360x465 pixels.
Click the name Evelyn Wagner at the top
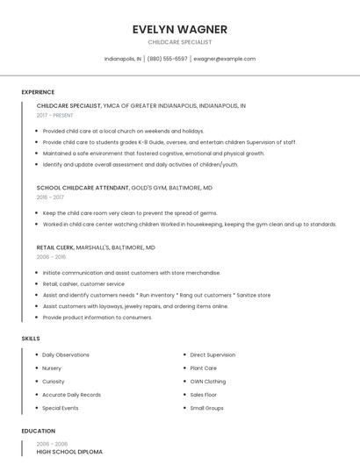click(x=179, y=28)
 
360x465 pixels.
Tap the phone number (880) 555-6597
click(x=167, y=59)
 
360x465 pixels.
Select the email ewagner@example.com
click(x=225, y=59)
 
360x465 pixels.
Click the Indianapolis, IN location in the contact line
click(x=123, y=59)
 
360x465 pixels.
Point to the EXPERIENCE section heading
click(x=38, y=92)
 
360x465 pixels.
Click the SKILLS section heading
click(x=31, y=338)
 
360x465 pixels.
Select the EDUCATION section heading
click(x=38, y=431)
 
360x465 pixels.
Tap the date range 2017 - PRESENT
click(x=55, y=115)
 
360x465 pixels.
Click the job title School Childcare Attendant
click(x=83, y=188)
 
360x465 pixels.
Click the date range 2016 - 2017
click(x=51, y=197)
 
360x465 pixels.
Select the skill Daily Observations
click(x=66, y=354)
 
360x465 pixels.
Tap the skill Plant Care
click(x=203, y=368)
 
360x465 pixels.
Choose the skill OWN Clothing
click(x=207, y=382)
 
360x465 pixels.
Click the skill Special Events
click(x=61, y=408)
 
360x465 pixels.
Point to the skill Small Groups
click(x=207, y=408)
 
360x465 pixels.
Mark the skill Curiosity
click(x=54, y=382)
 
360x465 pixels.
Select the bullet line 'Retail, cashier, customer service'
click(x=83, y=284)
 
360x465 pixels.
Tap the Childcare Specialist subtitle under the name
click(x=179, y=42)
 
